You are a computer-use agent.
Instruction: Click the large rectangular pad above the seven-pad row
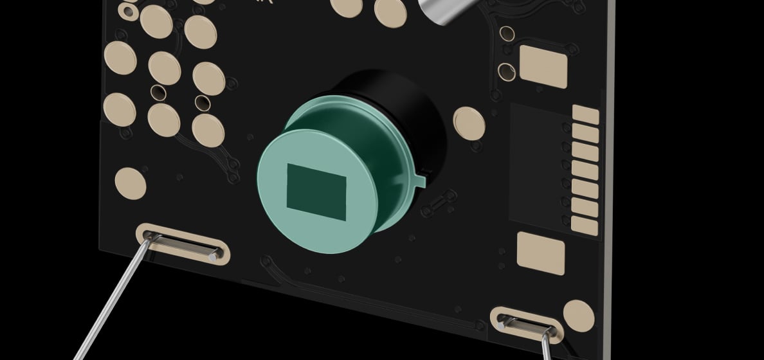coord(543,66)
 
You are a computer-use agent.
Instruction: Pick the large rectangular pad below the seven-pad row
coord(541,253)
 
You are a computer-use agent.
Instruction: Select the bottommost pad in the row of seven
coord(584,225)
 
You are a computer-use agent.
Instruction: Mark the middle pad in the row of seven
coord(585,170)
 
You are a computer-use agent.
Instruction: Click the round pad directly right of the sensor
coord(469,122)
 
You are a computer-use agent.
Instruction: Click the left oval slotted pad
coord(183,244)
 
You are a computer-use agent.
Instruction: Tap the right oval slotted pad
coord(526,325)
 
